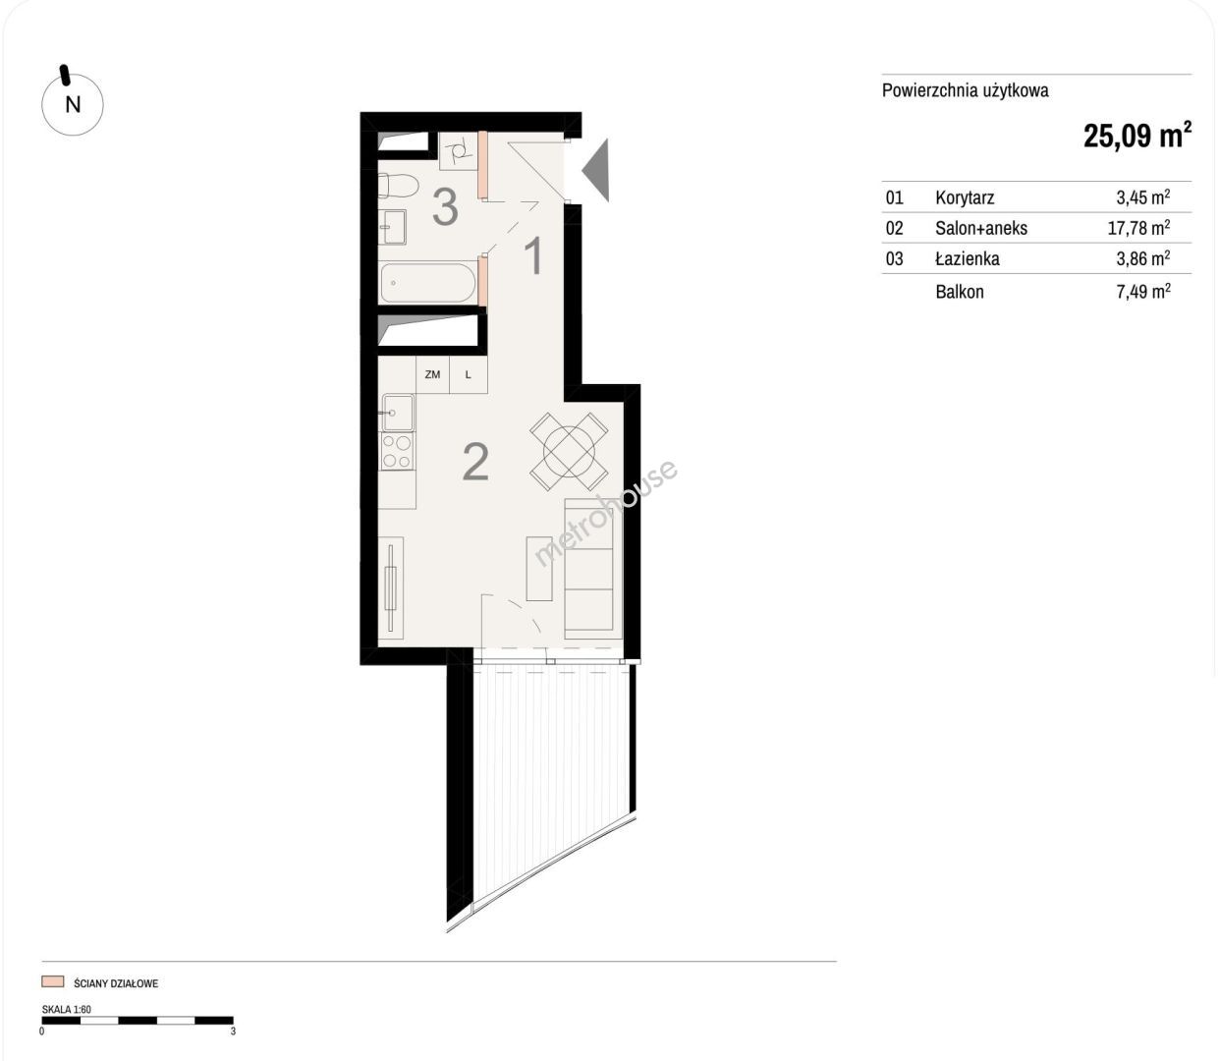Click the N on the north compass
pyautogui.click(x=73, y=105)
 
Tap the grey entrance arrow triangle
pyautogui.click(x=596, y=170)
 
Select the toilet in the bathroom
pyautogui.click(x=399, y=185)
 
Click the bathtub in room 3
pyautogui.click(x=428, y=283)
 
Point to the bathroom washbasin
pyautogui.click(x=392, y=227)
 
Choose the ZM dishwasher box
pyautogui.click(x=432, y=374)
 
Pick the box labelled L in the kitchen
pyautogui.click(x=469, y=374)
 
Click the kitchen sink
pyautogui.click(x=397, y=412)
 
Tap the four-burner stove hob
pyautogui.click(x=397, y=452)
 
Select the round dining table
pyautogui.click(x=569, y=452)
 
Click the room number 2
pyautogui.click(x=475, y=462)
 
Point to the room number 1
pyautogui.click(x=533, y=255)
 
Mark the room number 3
pyautogui.click(x=445, y=206)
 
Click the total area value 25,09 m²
pyautogui.click(x=1137, y=135)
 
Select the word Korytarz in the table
pyautogui.click(x=965, y=197)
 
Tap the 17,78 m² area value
pyautogui.click(x=1138, y=227)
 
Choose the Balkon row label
pyautogui.click(x=960, y=292)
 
